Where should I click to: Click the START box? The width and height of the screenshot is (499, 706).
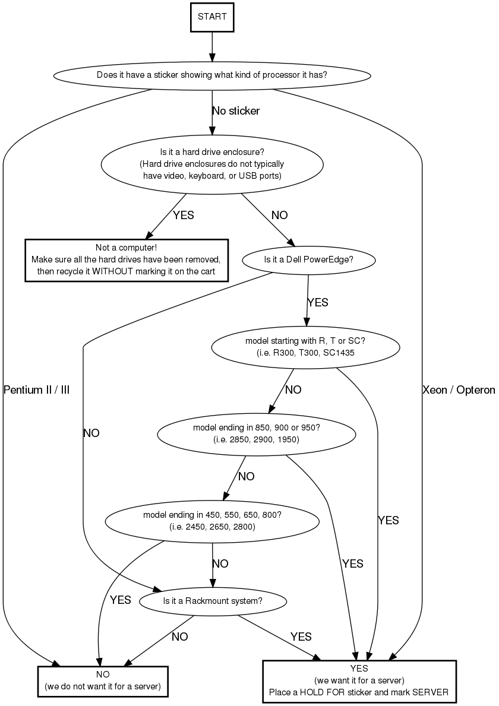pos(212,17)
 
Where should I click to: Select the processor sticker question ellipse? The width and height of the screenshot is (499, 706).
pos(212,75)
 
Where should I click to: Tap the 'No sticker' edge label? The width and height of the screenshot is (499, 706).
pos(236,110)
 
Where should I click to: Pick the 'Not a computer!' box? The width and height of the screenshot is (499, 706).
pos(126,259)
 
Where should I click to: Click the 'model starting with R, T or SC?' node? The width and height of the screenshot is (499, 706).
pos(304,347)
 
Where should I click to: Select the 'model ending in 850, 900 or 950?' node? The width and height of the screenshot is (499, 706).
pos(256,434)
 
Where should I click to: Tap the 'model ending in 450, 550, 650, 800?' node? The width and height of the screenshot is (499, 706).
pos(212,521)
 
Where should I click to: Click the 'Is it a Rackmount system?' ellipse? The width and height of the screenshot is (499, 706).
pos(212,601)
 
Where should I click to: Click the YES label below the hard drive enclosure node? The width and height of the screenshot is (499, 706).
pos(184,215)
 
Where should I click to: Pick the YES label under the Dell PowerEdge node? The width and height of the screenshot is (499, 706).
pos(317,302)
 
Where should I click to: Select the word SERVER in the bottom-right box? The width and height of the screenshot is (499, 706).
pos(432,692)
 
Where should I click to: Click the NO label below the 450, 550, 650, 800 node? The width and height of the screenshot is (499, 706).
pos(220,563)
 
